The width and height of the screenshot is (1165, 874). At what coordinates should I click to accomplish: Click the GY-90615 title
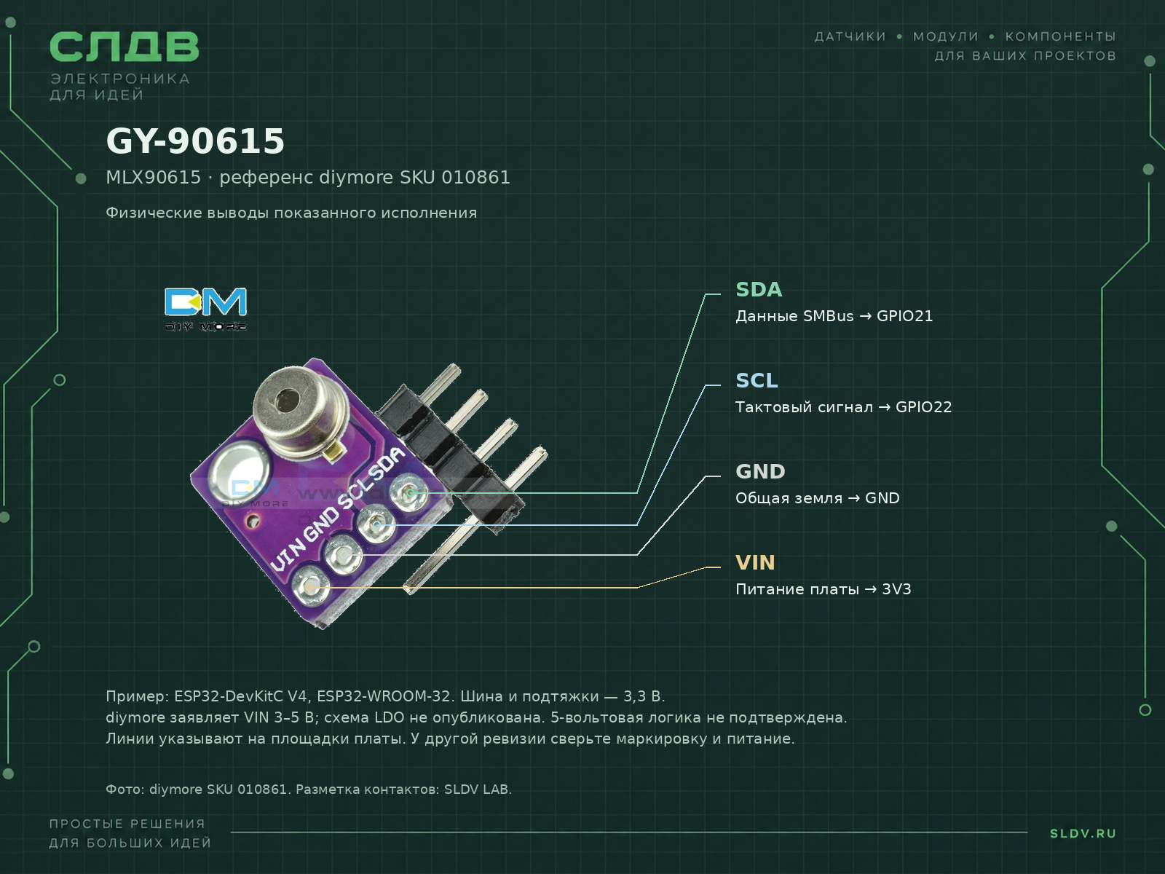[195, 141]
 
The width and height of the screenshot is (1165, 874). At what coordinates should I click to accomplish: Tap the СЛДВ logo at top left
[125, 46]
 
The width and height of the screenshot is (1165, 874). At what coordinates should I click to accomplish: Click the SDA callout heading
[759, 290]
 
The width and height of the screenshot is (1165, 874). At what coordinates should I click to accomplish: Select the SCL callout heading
[757, 380]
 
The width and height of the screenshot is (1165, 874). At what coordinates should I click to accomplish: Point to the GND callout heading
[760, 472]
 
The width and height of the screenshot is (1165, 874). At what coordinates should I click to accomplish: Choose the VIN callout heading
[755, 563]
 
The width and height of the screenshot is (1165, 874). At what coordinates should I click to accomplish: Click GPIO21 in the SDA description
[904, 316]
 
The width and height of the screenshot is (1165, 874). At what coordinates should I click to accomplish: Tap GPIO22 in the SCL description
[923, 407]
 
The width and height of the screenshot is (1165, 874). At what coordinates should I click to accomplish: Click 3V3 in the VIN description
[896, 589]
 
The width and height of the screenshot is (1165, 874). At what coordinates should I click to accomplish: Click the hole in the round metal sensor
[287, 398]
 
